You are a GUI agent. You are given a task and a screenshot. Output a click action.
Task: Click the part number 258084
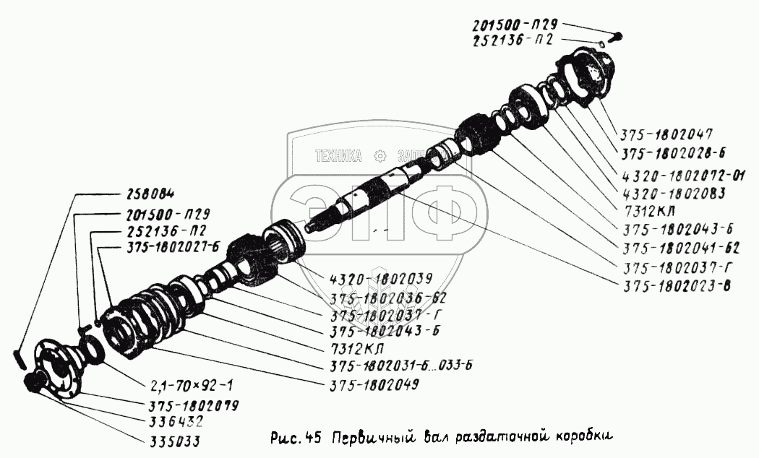pyautogui.click(x=150, y=195)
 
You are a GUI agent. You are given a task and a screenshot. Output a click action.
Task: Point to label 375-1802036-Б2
pyautogui.click(x=387, y=298)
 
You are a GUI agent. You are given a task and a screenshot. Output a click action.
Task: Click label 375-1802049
pyautogui.click(x=374, y=385)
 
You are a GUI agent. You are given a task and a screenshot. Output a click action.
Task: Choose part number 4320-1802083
pyautogui.click(x=674, y=194)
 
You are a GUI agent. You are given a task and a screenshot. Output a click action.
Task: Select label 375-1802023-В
pyautogui.click(x=676, y=286)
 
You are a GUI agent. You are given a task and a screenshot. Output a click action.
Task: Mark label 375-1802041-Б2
pyautogui.click(x=681, y=248)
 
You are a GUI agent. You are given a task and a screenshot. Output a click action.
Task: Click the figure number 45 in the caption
pyautogui.click(x=313, y=437)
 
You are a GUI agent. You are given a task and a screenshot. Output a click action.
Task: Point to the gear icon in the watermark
pyautogui.click(x=380, y=156)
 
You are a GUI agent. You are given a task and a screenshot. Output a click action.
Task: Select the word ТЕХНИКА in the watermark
pyautogui.click(x=338, y=156)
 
